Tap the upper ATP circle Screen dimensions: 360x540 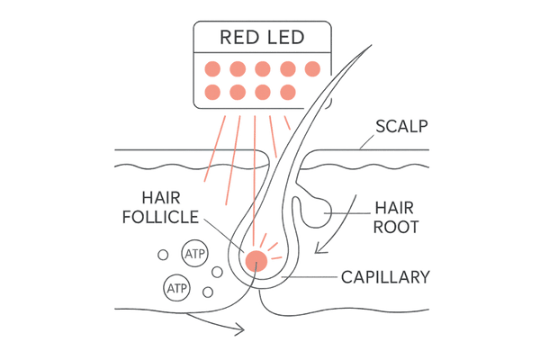click(x=193, y=256)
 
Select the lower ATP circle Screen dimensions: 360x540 click(x=175, y=289)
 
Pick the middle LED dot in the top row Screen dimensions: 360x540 click(x=264, y=68)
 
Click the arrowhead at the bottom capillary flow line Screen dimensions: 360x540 click(x=240, y=329)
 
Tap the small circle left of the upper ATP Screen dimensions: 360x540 click(x=163, y=256)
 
